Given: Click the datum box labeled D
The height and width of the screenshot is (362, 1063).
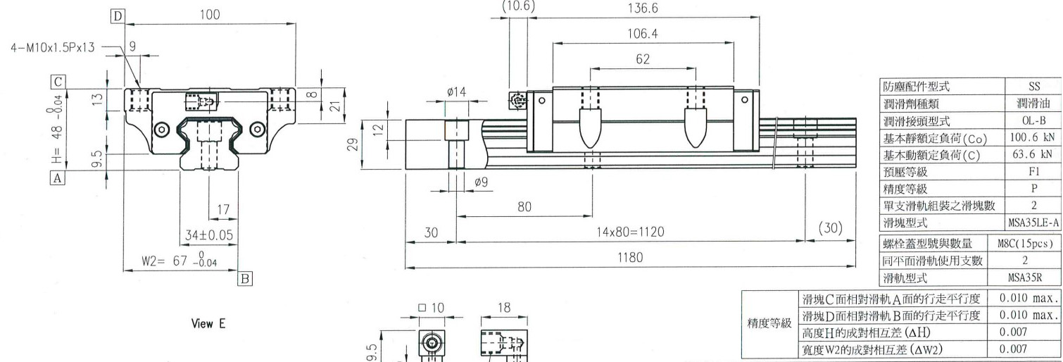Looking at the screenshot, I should pos(118,15).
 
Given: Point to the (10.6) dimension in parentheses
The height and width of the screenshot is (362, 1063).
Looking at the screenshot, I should pos(517,6).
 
